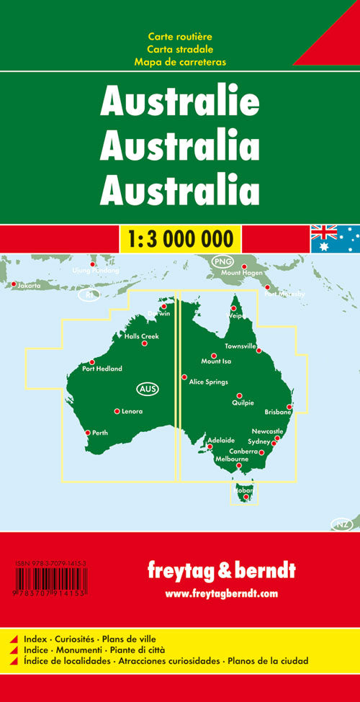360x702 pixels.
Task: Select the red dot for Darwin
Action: point(163,306)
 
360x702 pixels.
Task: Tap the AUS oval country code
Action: point(146,390)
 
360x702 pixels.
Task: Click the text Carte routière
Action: point(180,36)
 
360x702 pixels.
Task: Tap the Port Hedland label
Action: point(102,369)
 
